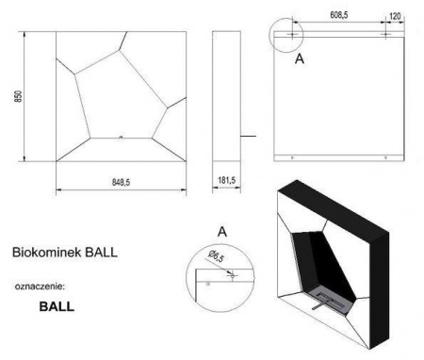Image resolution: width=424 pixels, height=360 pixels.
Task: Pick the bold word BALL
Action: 57,306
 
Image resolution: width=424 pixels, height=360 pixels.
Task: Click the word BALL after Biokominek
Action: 102,253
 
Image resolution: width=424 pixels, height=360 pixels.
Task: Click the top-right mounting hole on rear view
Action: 385,35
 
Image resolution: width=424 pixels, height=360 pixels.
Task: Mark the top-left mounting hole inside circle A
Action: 292,35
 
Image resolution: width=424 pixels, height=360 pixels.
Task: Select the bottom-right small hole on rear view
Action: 385,156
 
